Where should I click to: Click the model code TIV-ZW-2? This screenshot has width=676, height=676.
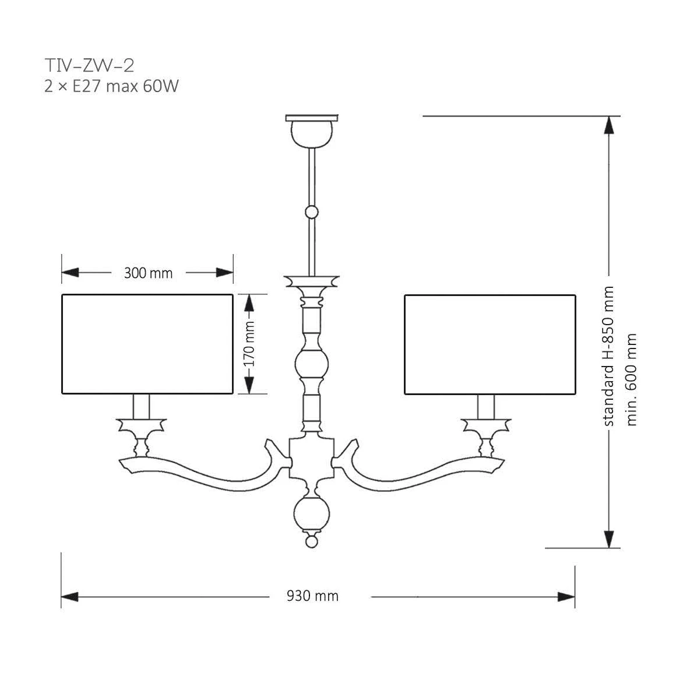(x=90, y=65)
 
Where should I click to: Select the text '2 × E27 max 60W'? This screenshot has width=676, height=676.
(x=111, y=86)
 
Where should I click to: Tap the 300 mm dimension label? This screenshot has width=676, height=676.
(x=148, y=273)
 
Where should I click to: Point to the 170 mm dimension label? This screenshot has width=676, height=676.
(x=249, y=344)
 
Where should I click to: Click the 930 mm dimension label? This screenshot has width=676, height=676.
(x=312, y=596)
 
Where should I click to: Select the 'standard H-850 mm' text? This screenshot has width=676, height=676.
(x=608, y=356)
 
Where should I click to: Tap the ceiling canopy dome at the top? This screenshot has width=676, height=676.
(x=312, y=133)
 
